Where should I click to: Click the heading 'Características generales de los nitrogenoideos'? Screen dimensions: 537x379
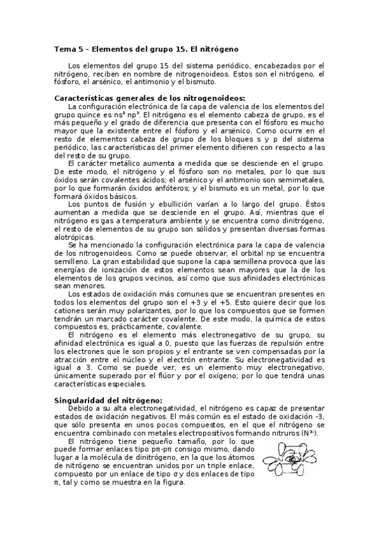point(150,98)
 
